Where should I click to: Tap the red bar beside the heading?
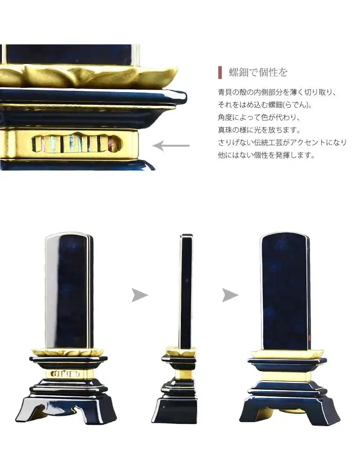[x=220, y=72]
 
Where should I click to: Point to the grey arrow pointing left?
[x=171, y=145]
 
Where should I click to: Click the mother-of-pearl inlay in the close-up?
[x=76, y=144]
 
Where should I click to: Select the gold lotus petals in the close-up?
[x=90, y=76]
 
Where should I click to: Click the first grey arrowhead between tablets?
[x=139, y=295]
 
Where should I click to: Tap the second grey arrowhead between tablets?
[x=230, y=295]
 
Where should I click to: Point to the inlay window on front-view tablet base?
[x=66, y=373]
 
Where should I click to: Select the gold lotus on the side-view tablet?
[x=180, y=352]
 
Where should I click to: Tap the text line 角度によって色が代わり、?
[x=258, y=117]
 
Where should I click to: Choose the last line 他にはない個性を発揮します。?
[x=266, y=155]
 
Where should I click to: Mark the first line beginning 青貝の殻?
[x=277, y=92]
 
